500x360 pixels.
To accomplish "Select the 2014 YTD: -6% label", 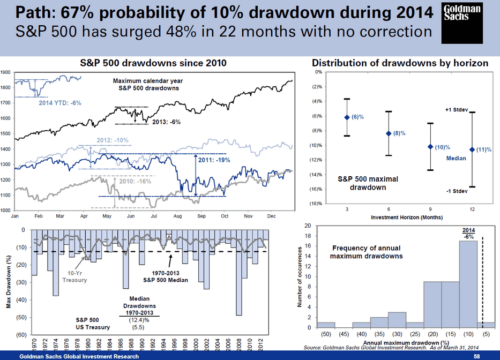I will point(60,102).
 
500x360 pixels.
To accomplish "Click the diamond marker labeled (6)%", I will point(347,117).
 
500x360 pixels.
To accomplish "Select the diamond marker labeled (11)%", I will point(472,149).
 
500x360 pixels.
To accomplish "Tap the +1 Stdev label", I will point(457,110).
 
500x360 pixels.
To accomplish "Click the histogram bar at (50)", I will point(326,325).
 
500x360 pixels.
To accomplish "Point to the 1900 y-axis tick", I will point(6,72).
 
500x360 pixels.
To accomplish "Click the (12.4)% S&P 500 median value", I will point(138,320).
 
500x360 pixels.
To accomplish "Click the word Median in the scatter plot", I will point(456,158).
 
